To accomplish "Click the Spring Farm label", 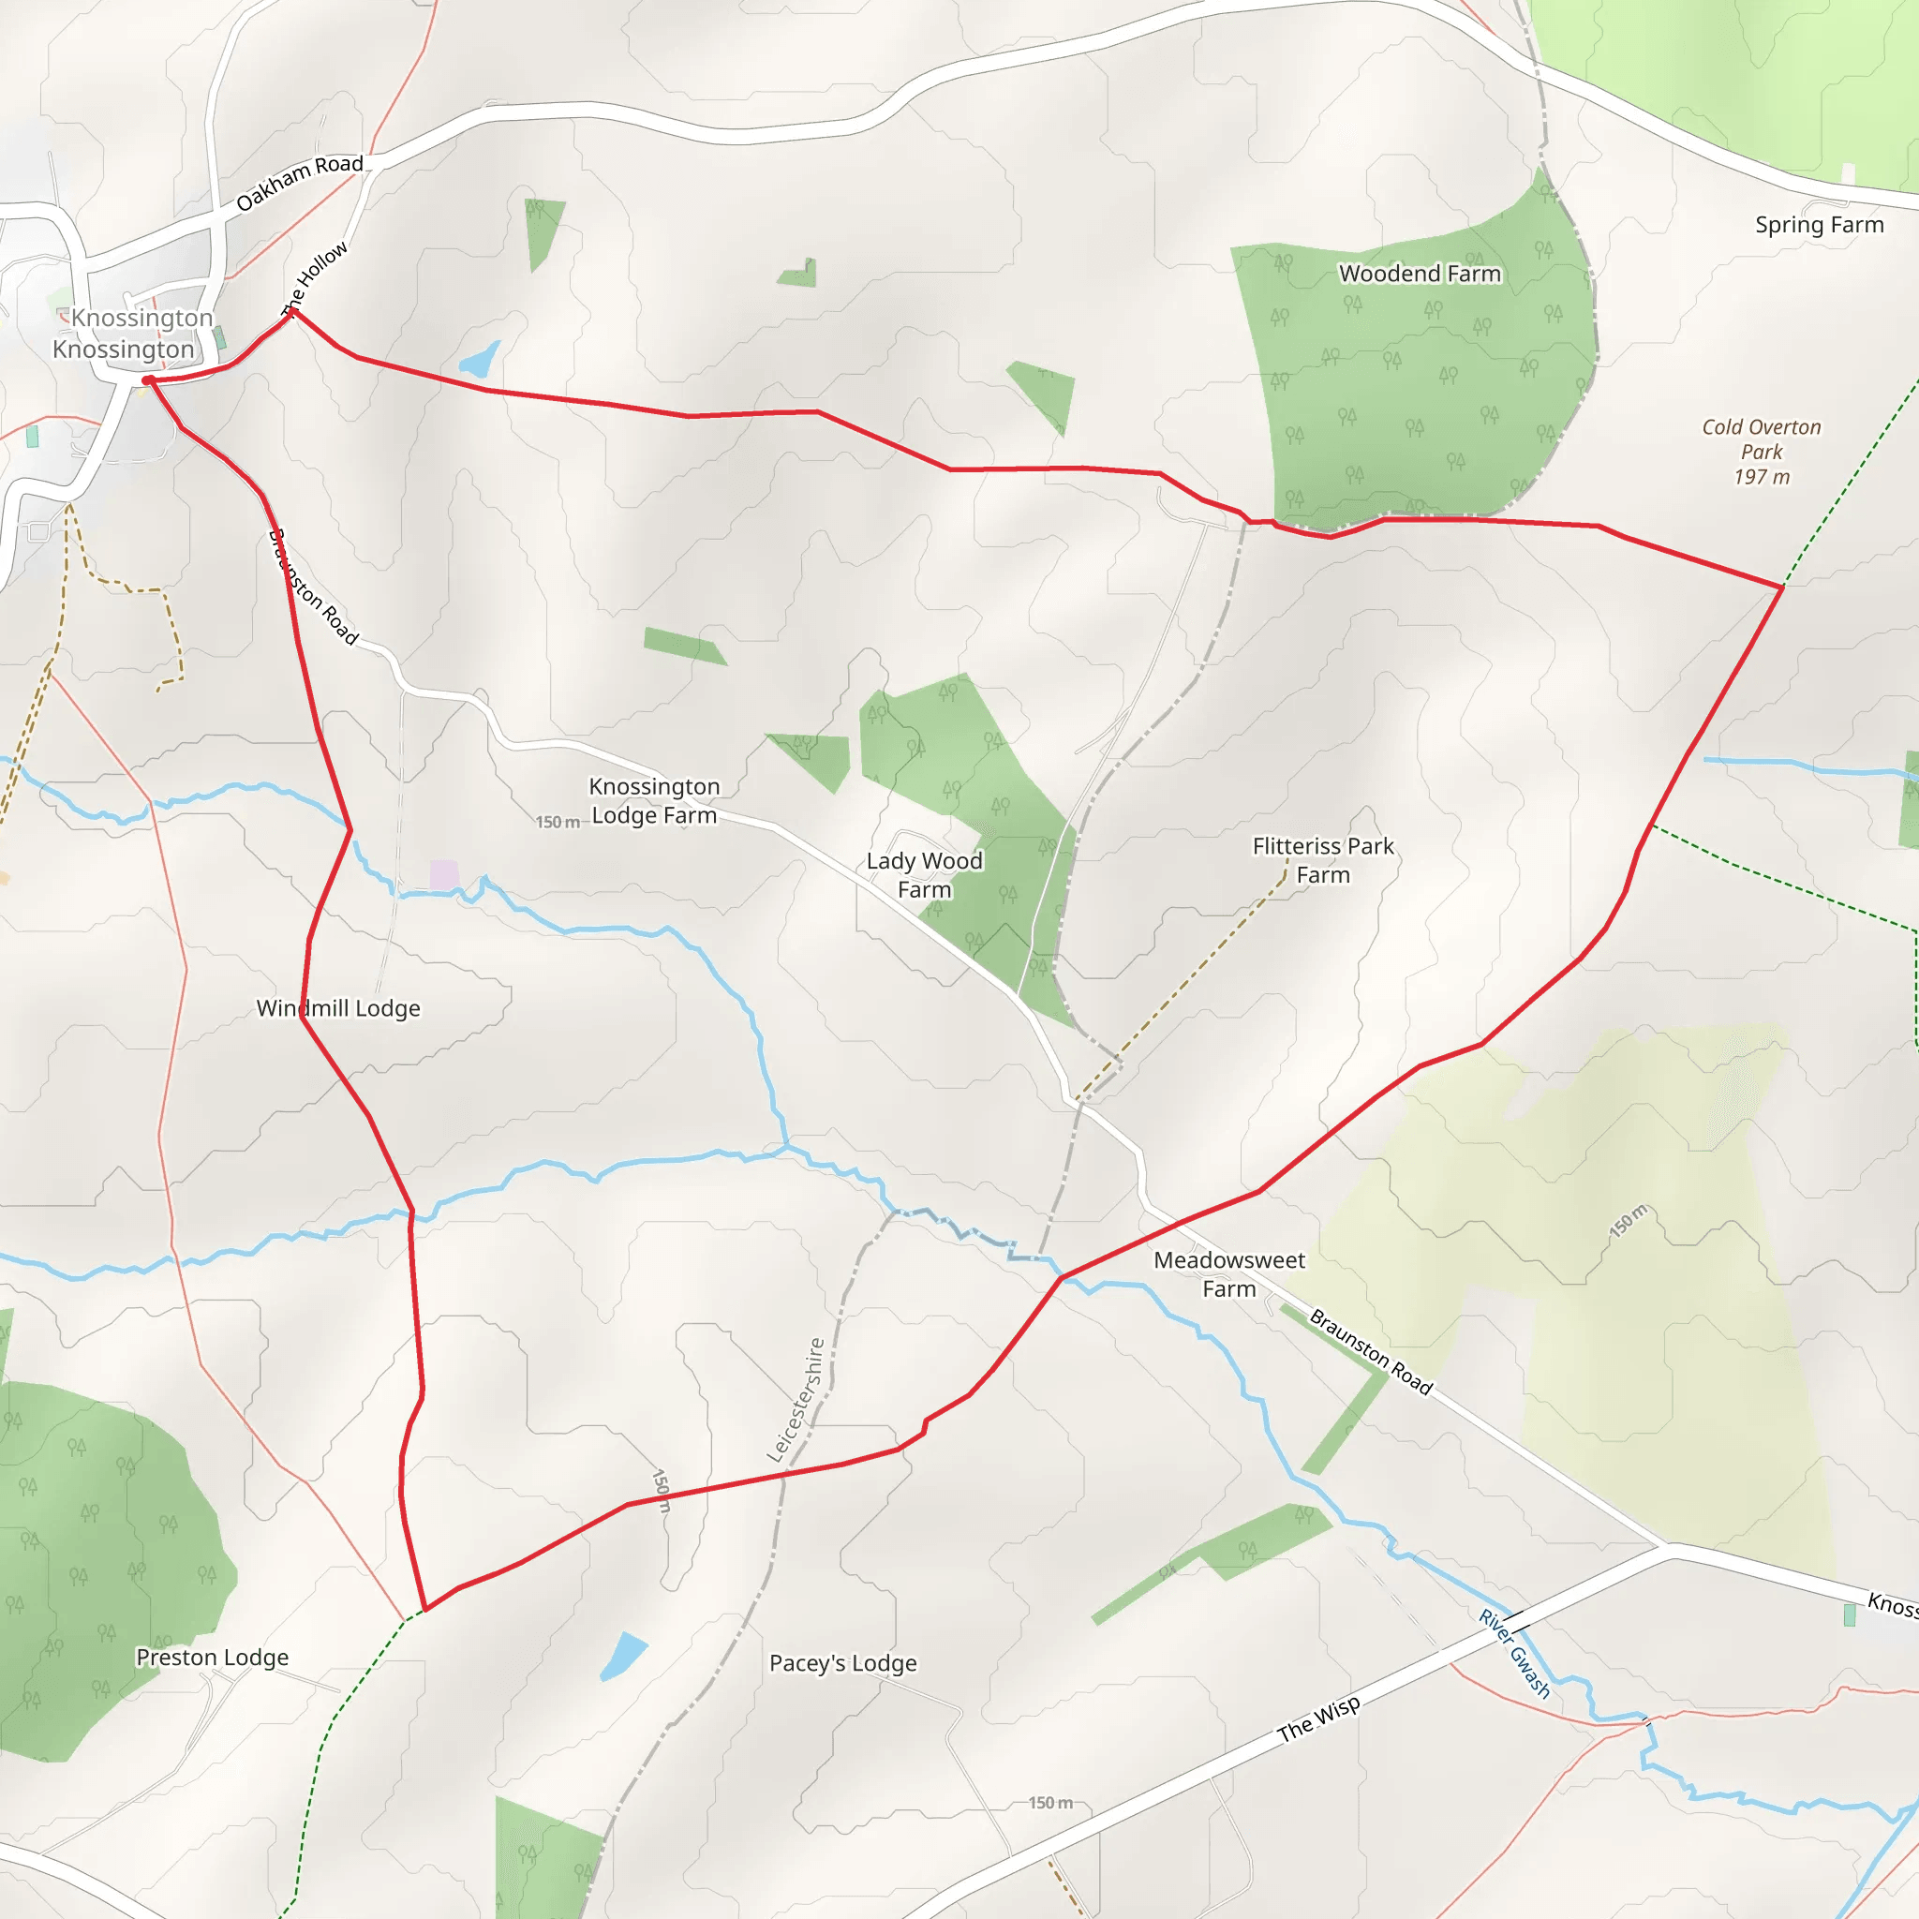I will [x=1819, y=225].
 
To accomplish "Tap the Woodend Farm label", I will [x=1420, y=274].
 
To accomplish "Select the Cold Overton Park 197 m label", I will [x=1761, y=452].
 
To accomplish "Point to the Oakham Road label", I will [x=299, y=183].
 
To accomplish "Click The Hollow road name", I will [x=315, y=278].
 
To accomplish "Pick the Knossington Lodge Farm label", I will [x=654, y=800].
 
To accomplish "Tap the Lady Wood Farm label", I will [x=924, y=875].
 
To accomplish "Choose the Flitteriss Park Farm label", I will [x=1323, y=860].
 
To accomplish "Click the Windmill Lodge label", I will [x=337, y=1008].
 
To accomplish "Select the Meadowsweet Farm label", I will [x=1228, y=1274].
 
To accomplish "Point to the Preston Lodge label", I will [x=213, y=1657].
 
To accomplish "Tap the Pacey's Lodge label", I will [x=842, y=1663].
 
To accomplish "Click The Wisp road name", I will [x=1318, y=1719].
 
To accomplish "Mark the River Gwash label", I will [x=1514, y=1653].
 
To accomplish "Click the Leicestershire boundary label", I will [x=796, y=1401].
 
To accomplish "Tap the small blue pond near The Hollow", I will [x=480, y=360].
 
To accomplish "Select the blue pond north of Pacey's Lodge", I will [x=623, y=1655].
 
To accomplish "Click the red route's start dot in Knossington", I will [x=147, y=380].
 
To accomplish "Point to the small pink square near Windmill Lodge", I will [x=444, y=874].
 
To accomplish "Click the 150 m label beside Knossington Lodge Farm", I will [x=558, y=823].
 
